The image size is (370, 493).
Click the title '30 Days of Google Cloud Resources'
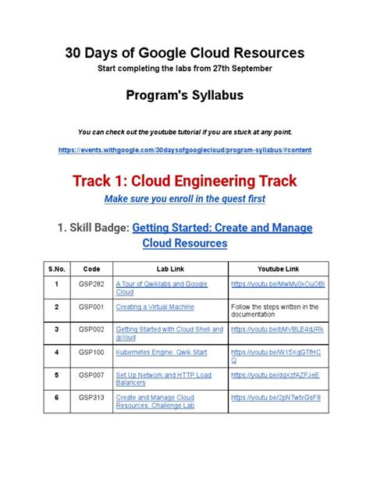point(184,52)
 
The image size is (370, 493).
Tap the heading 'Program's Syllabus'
point(184,96)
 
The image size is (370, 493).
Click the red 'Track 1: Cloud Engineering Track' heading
point(184,181)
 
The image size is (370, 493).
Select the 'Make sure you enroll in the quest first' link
point(184,199)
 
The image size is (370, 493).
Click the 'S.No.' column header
point(55,268)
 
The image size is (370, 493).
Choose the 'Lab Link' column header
point(169,268)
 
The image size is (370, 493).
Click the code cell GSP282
point(88,285)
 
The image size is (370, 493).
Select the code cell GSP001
point(88,307)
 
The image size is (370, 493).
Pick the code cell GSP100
point(88,353)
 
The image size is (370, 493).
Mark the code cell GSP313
point(88,398)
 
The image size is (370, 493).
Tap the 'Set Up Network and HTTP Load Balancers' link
point(162,379)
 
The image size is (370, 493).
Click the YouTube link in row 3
point(277,330)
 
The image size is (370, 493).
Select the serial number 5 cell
point(55,375)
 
